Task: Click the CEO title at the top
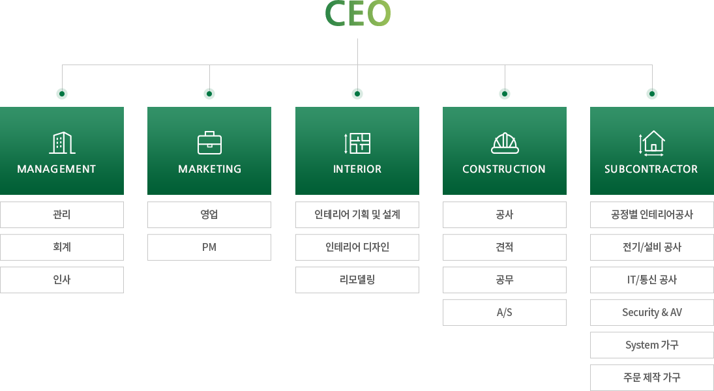point(358,14)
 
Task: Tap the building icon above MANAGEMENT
point(62,143)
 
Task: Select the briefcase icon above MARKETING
point(209,143)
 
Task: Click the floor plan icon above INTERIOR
point(357,143)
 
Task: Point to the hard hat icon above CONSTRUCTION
point(505,143)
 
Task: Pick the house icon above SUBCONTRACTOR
point(652,143)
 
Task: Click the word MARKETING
point(209,169)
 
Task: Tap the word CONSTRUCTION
point(504,169)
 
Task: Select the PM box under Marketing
point(209,247)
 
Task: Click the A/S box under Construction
point(505,312)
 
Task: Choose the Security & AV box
point(652,312)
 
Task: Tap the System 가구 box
point(652,345)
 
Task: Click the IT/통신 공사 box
point(652,280)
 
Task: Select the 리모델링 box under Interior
point(357,280)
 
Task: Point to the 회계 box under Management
point(62,247)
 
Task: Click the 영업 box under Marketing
point(209,214)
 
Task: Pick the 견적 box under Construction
point(505,247)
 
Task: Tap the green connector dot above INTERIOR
point(357,94)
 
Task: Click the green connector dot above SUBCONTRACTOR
point(652,94)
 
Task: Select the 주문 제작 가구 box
point(652,377)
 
